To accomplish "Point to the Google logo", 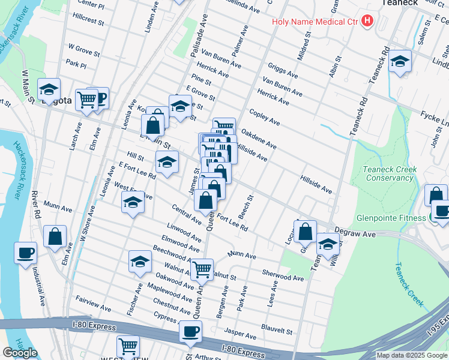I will (x=20, y=353).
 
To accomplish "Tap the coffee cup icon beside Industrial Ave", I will (x=26, y=253).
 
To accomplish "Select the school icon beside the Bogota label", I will (x=49, y=90).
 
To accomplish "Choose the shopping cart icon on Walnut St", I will (x=202, y=269).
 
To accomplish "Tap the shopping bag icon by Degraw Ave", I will (x=306, y=231).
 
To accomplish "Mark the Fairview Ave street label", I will (x=93, y=303).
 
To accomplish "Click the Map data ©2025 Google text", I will (x=411, y=355).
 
